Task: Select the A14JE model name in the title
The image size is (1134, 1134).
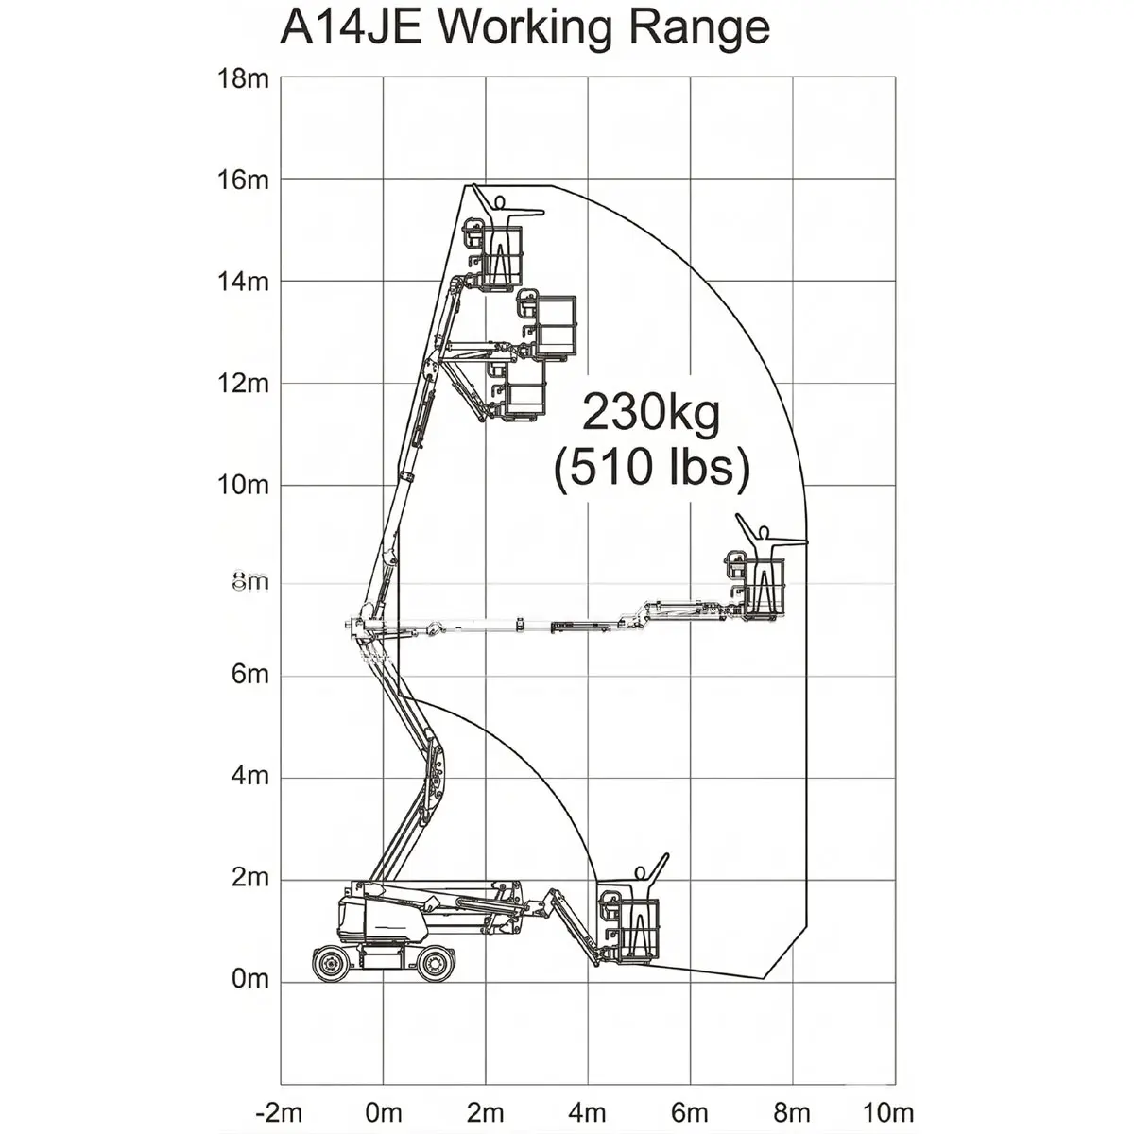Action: point(351,27)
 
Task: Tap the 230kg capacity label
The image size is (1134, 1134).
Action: point(651,413)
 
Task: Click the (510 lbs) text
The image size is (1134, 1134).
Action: point(652,469)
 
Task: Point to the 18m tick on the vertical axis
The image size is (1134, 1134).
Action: point(243,77)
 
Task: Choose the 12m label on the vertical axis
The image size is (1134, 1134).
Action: point(243,383)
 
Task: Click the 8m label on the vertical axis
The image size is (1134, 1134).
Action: point(250,581)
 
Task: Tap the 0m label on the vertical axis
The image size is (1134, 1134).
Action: point(250,978)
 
